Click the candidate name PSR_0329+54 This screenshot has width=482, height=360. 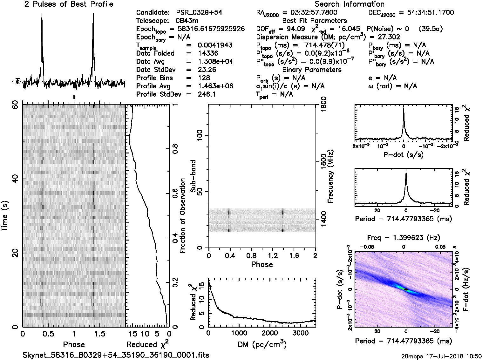[x=199, y=13]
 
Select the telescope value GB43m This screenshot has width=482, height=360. [x=187, y=21]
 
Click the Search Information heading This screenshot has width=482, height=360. [x=349, y=4]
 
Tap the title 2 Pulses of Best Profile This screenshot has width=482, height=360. [x=69, y=4]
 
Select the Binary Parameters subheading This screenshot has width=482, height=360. [x=312, y=70]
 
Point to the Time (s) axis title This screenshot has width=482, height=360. [x=5, y=216]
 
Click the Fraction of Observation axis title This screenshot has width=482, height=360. [x=183, y=216]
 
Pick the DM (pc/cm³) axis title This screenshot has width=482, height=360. [x=262, y=344]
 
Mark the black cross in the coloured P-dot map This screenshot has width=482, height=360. [x=406, y=289]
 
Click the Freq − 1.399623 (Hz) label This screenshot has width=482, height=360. [x=404, y=238]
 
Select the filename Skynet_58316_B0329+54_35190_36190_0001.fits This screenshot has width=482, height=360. [x=116, y=355]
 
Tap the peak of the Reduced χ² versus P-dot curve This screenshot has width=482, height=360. [x=404, y=108]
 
